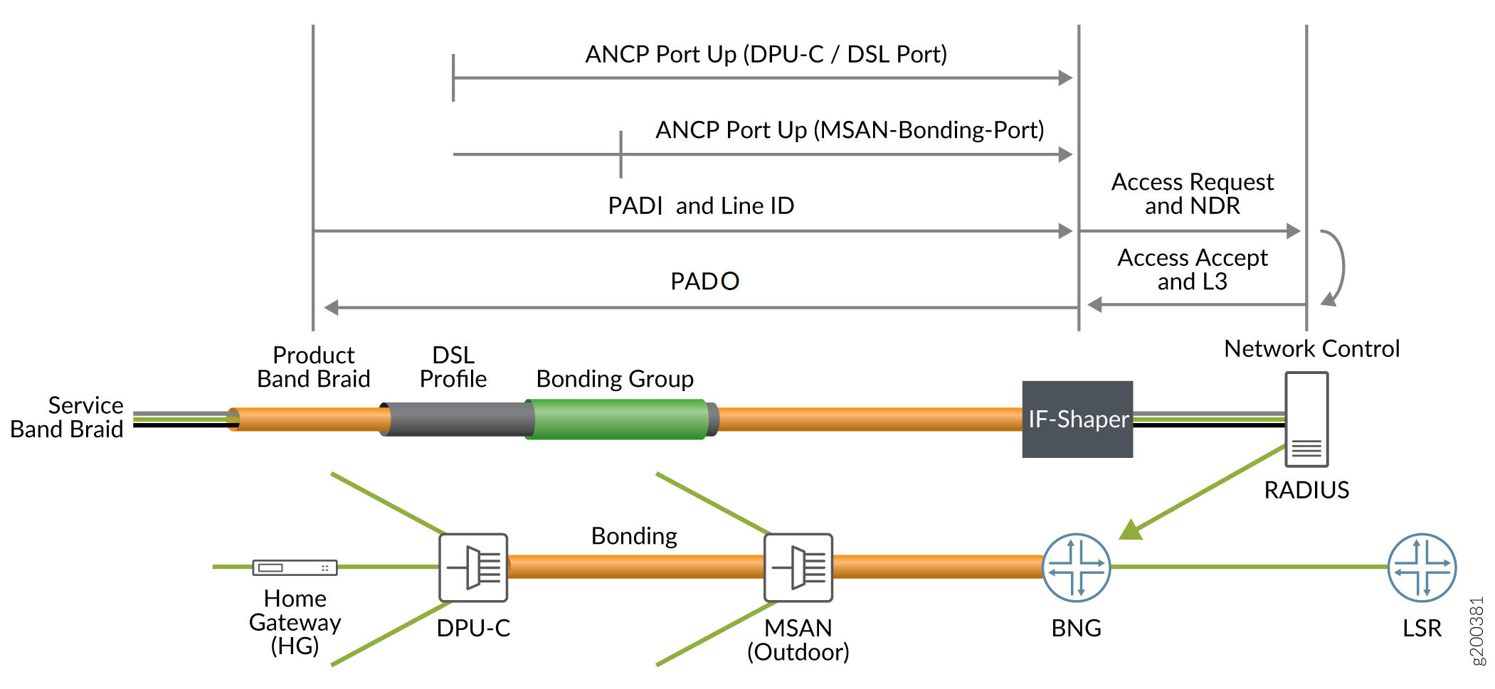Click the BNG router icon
(1076, 567)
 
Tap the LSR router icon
(1422, 567)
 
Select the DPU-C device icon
(473, 567)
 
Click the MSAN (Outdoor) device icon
(798, 567)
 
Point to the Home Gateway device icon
(295, 567)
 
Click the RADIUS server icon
(1306, 420)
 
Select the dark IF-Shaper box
(1077, 419)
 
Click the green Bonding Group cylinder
(616, 419)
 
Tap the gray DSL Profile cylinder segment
(457, 419)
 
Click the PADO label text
(704, 282)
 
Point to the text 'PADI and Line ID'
(701, 206)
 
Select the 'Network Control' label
(1311, 349)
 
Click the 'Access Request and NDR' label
(1193, 194)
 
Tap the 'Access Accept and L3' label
(1193, 269)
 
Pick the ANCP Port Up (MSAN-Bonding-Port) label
(850, 130)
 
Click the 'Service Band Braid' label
(67, 417)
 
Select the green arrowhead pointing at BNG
(1130, 530)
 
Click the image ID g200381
(1477, 631)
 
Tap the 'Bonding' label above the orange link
(634, 536)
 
